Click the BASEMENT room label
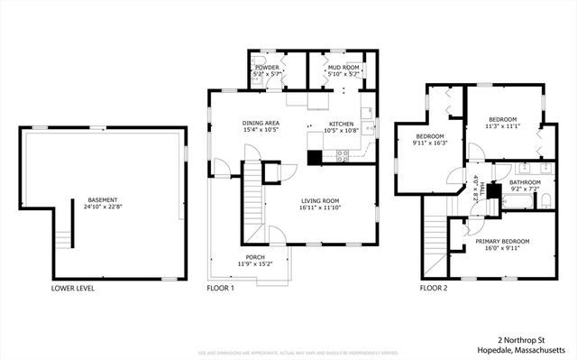tap(102, 199)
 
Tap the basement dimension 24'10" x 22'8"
tap(102, 208)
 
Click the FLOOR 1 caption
tap(220, 289)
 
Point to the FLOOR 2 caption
tap(433, 289)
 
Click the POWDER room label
tap(266, 67)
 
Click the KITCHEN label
tap(341, 123)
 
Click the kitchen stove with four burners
tap(343, 154)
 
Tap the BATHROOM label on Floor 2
tap(525, 181)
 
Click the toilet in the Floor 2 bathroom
tap(545, 201)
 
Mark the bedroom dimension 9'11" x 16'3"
tap(430, 143)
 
